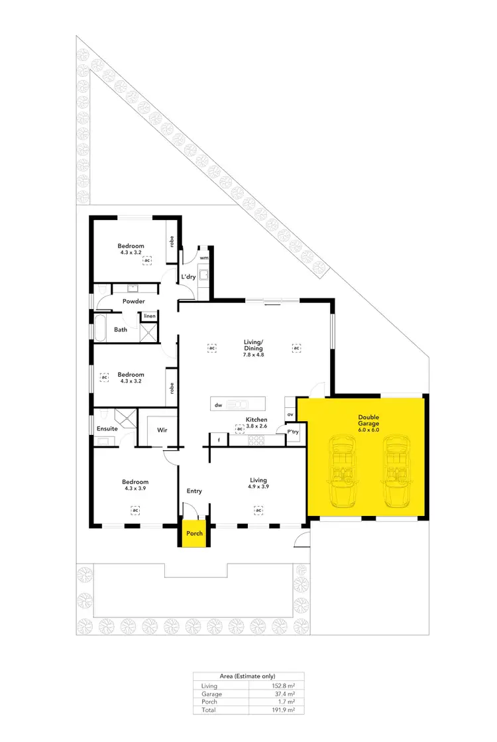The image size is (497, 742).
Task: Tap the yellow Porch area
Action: tap(194, 533)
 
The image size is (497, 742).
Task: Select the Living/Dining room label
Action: tap(253, 345)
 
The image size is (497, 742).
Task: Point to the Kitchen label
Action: tap(256, 420)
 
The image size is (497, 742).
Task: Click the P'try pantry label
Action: tap(292, 432)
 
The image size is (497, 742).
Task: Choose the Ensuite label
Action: tap(107, 428)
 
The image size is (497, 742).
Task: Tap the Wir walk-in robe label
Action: tap(162, 430)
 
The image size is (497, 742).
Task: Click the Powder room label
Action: tap(133, 301)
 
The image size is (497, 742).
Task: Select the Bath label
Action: tap(121, 329)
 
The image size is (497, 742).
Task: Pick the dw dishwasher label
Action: tap(217, 404)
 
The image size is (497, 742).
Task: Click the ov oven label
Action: tap(290, 415)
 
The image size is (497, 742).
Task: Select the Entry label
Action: tap(194, 491)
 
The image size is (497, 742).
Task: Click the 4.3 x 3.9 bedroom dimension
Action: tap(135, 489)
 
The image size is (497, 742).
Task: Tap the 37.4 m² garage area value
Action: tap(286, 694)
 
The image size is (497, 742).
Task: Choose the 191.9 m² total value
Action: tap(286, 710)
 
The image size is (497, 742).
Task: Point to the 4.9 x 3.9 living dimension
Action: tap(258, 487)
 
